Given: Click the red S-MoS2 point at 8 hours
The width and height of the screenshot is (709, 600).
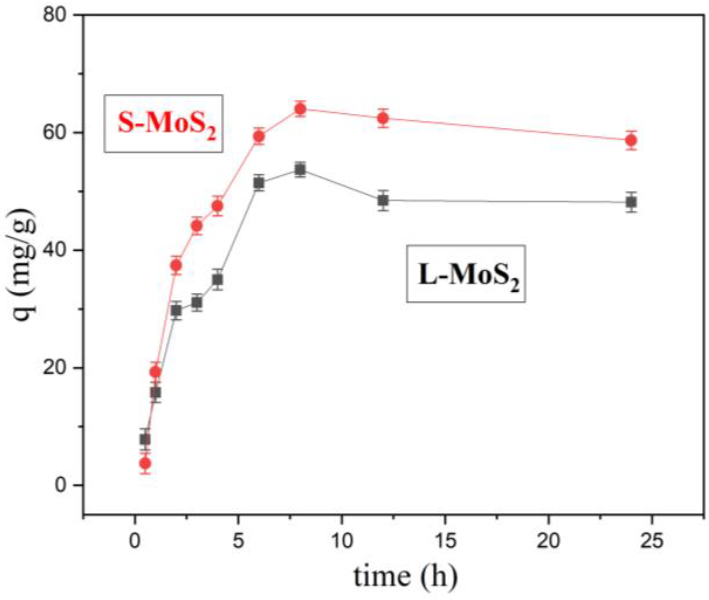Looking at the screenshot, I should pyautogui.click(x=300, y=109).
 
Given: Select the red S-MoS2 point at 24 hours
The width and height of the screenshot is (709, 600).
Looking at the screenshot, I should pyautogui.click(x=631, y=140).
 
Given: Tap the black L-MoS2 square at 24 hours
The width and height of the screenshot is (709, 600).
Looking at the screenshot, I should pyautogui.click(x=631, y=202).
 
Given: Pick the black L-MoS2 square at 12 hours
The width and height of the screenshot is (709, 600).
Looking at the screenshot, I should pyautogui.click(x=383, y=201).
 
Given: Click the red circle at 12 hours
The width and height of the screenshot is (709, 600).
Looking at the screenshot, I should pyautogui.click(x=383, y=118).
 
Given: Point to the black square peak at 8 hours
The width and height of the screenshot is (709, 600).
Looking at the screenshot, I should pyautogui.click(x=300, y=169).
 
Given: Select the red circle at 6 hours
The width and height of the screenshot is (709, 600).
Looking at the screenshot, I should pyautogui.click(x=259, y=136).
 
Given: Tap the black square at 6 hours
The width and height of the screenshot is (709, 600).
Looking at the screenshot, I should pyautogui.click(x=259, y=183).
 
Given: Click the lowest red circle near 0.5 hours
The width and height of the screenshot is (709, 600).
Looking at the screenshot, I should pyautogui.click(x=145, y=463).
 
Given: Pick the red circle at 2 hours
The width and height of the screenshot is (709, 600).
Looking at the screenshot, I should pyautogui.click(x=176, y=265).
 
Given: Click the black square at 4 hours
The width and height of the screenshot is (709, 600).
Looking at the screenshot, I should pyautogui.click(x=218, y=280).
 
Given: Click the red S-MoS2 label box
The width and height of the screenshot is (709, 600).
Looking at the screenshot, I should pyautogui.click(x=164, y=123).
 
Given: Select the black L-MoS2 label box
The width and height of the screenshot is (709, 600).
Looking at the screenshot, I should pyautogui.click(x=466, y=274).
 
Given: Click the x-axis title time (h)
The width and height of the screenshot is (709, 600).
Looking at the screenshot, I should pyautogui.click(x=405, y=577).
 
